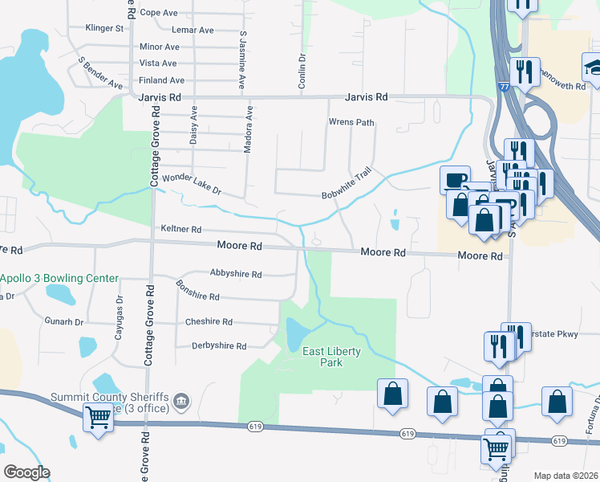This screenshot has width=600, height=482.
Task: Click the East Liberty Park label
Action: [x=331, y=357]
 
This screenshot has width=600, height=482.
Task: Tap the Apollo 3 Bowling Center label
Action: [x=59, y=279]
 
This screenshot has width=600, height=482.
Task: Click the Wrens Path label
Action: [x=351, y=123]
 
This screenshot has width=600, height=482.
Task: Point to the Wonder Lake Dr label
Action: [x=191, y=186]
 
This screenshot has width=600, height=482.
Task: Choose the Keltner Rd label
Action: [x=180, y=229]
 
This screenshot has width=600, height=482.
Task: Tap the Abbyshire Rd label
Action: [x=236, y=274]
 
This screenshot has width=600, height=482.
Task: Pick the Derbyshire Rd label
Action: [x=219, y=346]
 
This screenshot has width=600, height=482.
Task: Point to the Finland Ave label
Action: [x=161, y=80]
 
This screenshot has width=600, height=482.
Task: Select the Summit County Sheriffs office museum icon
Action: [x=182, y=401]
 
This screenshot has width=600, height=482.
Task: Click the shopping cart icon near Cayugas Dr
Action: [x=98, y=416]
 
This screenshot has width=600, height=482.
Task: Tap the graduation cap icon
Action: [x=594, y=66]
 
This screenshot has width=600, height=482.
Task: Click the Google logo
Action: [x=26, y=472]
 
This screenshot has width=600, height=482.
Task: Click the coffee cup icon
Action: [x=455, y=179]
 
